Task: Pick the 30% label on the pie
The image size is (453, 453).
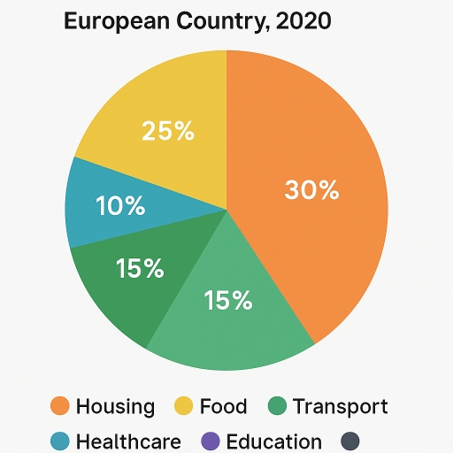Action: [x=311, y=189]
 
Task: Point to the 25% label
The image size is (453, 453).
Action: [x=167, y=132]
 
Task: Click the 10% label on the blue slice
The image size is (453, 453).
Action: [x=120, y=206]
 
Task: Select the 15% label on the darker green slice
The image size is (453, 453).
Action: [x=140, y=269]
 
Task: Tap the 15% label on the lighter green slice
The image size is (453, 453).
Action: [x=228, y=301]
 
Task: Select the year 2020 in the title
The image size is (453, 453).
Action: [x=303, y=20]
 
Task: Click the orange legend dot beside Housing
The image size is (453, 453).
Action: [x=60, y=407]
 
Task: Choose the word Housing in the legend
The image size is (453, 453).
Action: [x=115, y=407]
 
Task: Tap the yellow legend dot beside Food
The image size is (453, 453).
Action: [x=183, y=407]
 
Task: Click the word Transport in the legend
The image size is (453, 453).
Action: [x=340, y=407]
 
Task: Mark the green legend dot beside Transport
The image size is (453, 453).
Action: [x=277, y=407]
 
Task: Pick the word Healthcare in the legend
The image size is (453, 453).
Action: [x=128, y=441]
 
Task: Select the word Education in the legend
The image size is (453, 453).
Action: [x=274, y=441]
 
